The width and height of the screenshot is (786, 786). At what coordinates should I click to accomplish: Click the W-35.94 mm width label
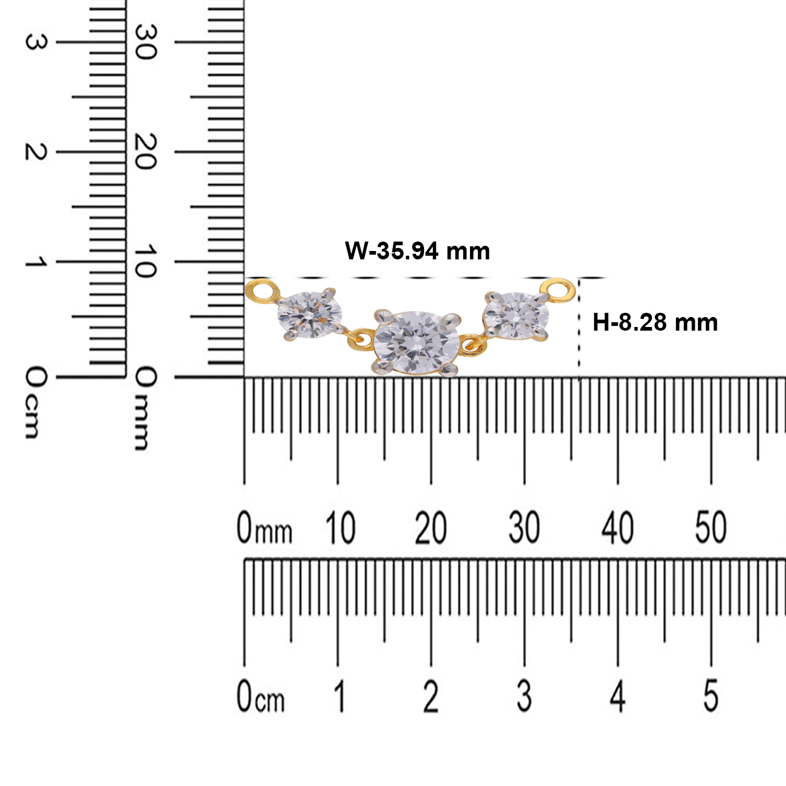point(418,251)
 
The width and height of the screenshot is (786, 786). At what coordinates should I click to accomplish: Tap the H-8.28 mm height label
point(655,322)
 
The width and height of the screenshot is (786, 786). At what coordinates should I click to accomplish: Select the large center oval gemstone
point(417,343)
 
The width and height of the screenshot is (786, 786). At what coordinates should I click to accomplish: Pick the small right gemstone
point(516,315)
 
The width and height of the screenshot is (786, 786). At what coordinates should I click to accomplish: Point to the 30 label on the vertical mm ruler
point(145,42)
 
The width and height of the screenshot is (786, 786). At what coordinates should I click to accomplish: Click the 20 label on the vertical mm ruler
point(145,151)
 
